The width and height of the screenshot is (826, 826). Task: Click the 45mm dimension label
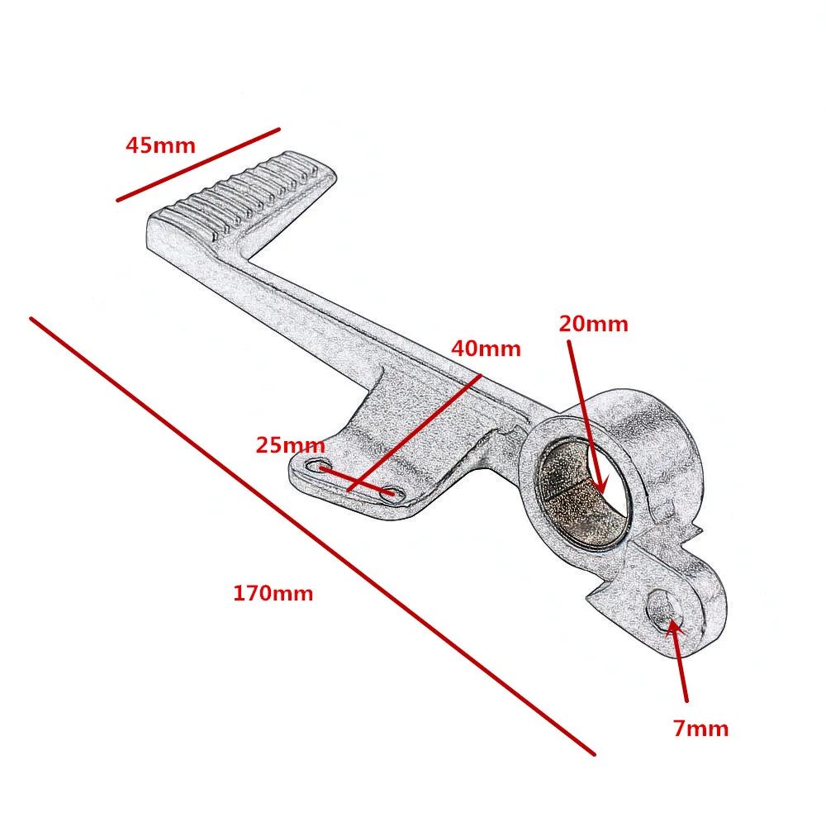pyautogui.click(x=160, y=146)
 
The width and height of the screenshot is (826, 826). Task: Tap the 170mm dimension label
pyautogui.click(x=273, y=593)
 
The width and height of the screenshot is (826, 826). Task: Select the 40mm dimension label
pyautogui.click(x=486, y=349)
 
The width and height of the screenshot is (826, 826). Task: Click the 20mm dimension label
pyautogui.click(x=593, y=324)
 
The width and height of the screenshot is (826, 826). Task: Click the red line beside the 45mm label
pyautogui.click(x=198, y=164)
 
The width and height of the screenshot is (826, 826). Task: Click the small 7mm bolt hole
pyautogui.click(x=664, y=612)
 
